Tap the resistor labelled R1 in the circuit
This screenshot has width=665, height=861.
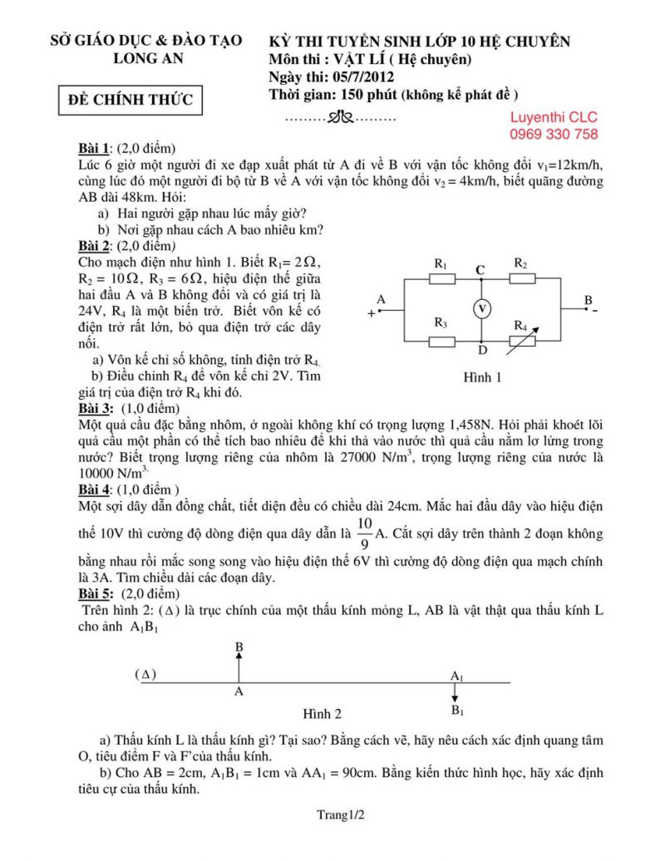[x=442, y=278]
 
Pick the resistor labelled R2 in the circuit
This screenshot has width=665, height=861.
[x=521, y=278]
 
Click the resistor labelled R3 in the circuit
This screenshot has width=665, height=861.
[x=442, y=341]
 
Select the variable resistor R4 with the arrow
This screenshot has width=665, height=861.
[x=522, y=339]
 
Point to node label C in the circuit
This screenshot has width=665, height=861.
[x=480, y=268]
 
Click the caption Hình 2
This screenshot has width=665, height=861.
[x=322, y=713]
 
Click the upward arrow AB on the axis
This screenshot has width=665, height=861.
[x=239, y=667]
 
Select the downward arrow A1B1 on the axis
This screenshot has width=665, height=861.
[x=455, y=693]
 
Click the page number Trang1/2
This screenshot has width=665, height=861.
[x=340, y=815]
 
